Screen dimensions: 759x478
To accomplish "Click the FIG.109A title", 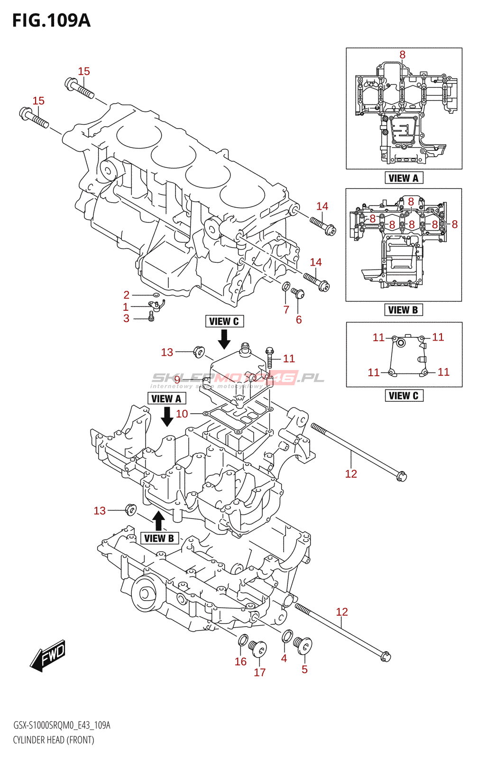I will coord(51,20).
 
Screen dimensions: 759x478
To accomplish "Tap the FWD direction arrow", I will coord(48,656).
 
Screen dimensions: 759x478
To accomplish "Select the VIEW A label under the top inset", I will coord(404,178).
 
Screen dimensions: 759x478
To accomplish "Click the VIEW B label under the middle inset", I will coord(403,310).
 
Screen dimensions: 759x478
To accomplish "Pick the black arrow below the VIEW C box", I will coord(224,339).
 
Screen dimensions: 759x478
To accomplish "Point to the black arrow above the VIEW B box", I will coord(159,520).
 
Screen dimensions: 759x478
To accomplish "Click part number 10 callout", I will coord(182,414).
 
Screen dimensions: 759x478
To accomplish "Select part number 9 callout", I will coord(177,379).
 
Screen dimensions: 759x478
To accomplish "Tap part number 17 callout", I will coord(259,672).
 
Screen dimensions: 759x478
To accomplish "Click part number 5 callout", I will coord(304,669).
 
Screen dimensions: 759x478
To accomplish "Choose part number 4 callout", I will coord(284,658).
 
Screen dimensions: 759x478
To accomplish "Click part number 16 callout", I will coord(240,661).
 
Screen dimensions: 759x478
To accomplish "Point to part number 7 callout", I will coord(286,310).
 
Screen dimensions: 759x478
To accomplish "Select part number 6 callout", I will coord(299,320).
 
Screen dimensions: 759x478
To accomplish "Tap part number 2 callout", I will coord(126,295).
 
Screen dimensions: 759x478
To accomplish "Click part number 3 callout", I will coord(126,318).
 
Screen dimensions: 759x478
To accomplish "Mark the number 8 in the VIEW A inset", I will coord(402,55).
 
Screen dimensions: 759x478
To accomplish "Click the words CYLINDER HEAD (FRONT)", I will coord(54,740).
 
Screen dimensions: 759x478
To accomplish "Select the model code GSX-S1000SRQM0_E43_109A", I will coord(62,725).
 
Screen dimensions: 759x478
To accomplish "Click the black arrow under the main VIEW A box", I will coord(167,416).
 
